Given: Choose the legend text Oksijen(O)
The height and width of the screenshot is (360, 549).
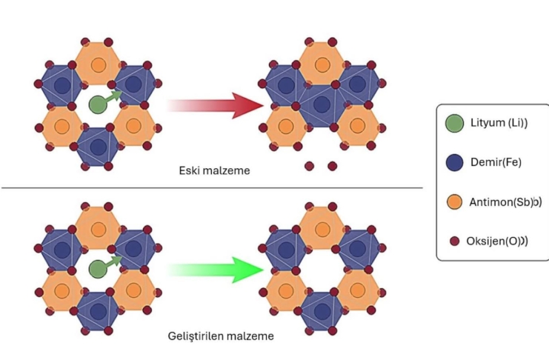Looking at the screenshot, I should pos(500,240).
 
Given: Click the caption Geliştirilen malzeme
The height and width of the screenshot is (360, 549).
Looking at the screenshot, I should pos(222,336).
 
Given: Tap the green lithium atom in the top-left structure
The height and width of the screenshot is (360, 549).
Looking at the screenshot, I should pos(97,104).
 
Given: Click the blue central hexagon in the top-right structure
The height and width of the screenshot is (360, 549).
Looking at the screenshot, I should pos(321,104).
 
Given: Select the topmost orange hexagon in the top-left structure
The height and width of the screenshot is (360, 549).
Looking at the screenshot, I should pos(97,64).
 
